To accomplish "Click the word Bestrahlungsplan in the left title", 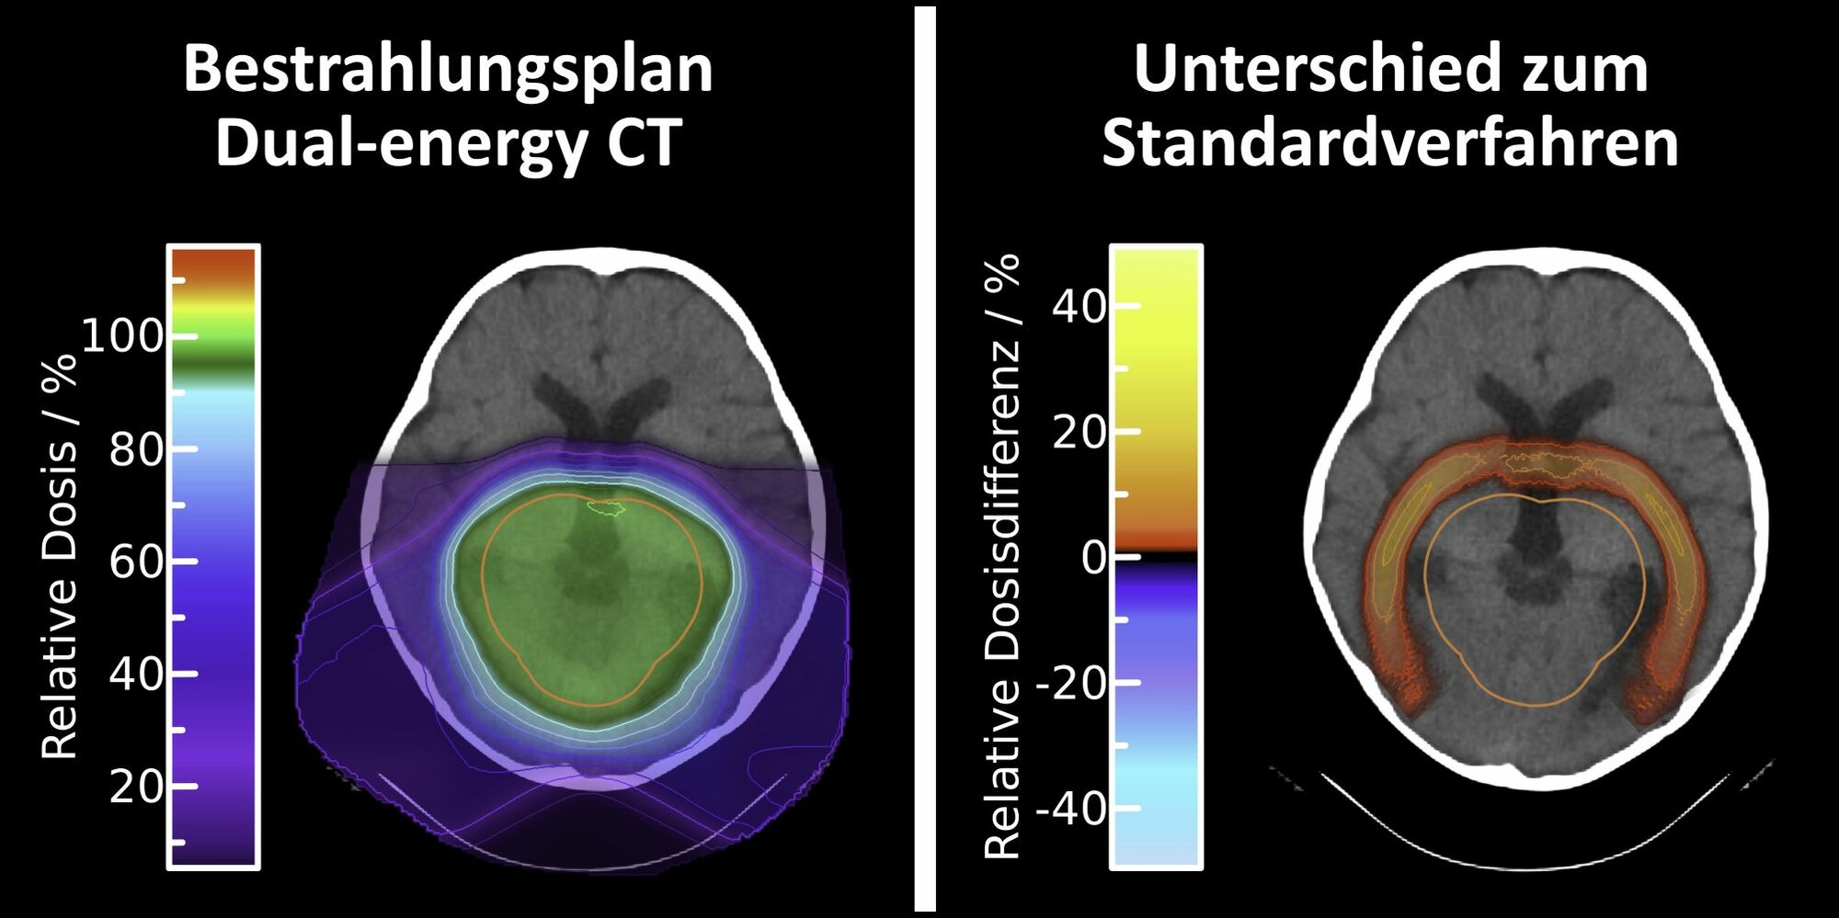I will tap(448, 70).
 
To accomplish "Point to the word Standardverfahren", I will tap(1389, 143).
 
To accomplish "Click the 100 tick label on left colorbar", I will tap(122, 336).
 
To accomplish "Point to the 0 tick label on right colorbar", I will tap(1094, 557).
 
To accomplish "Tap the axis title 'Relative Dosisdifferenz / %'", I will tap(1002, 556).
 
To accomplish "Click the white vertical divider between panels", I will tap(925, 459).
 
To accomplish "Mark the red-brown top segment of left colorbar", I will tap(213, 264).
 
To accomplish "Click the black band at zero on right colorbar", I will tap(1157, 557).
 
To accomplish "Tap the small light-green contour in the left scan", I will tap(607, 507).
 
